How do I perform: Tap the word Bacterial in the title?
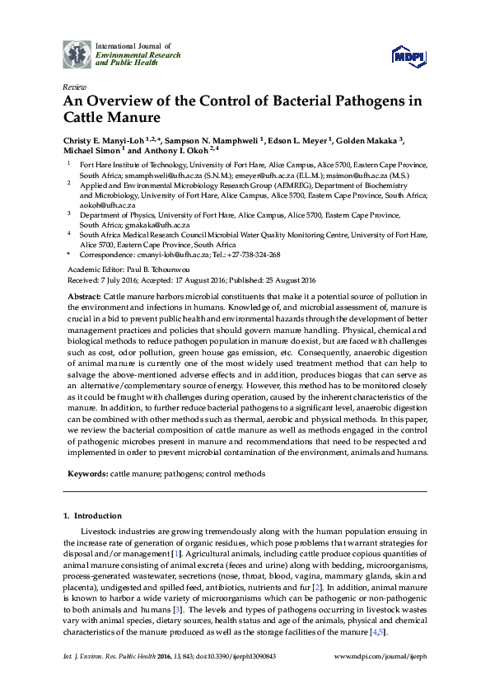point(277,102)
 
